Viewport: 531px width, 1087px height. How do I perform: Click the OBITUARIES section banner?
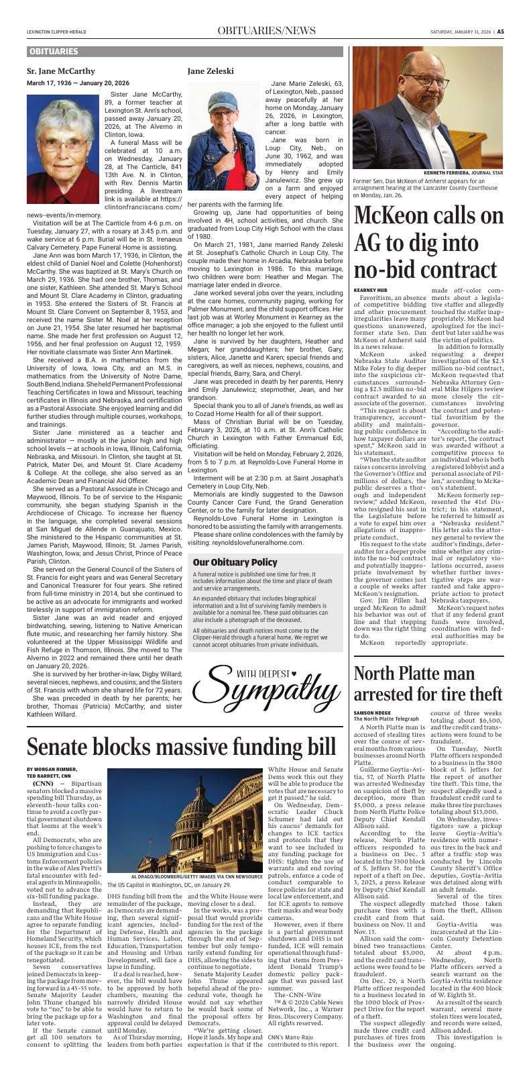coord(54,52)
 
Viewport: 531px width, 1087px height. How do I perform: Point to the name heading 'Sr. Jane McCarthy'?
coord(60,70)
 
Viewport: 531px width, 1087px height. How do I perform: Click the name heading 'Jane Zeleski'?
coord(211,70)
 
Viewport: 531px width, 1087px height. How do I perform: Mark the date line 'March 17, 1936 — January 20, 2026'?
coord(78,83)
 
